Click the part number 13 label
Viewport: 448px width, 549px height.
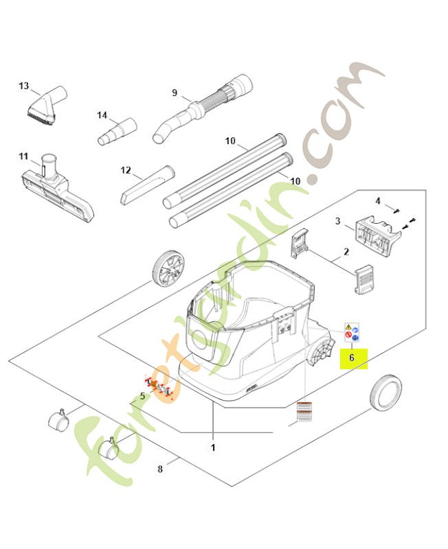click(24, 86)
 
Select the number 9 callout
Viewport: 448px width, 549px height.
click(175, 93)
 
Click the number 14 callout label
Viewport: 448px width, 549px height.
click(102, 115)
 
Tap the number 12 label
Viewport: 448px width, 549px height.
click(125, 170)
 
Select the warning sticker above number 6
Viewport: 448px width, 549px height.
click(352, 332)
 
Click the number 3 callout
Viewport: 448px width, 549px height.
click(338, 221)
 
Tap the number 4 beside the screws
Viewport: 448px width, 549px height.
click(377, 200)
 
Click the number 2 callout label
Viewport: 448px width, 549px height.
click(346, 252)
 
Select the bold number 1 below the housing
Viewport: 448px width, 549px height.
click(213, 447)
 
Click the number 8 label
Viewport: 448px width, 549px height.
click(160, 469)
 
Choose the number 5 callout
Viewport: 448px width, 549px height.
click(142, 395)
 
